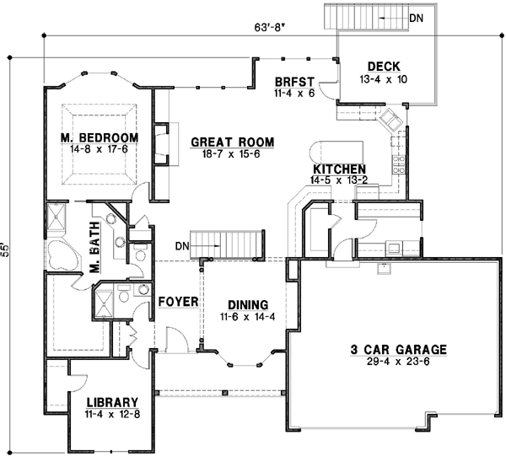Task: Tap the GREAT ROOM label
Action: [x=223, y=142]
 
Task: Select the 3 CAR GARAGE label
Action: [x=398, y=349]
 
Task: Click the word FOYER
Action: [x=177, y=300]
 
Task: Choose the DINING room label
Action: [x=247, y=304]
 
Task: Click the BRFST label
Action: [x=293, y=83]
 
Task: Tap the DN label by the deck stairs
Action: [x=417, y=15]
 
